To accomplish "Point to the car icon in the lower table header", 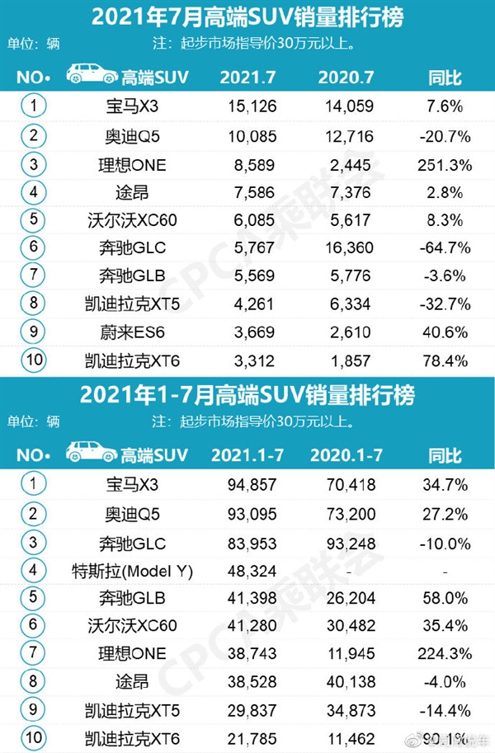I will coord(92,452).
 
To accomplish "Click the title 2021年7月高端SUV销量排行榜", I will coord(247,16).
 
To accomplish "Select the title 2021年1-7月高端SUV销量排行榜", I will coord(247,395).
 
